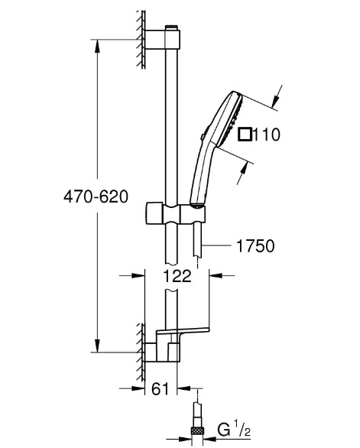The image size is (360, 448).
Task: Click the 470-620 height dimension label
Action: coord(96,196)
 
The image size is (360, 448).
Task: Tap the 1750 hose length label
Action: coord(255,245)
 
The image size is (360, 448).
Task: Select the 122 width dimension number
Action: coord(177,276)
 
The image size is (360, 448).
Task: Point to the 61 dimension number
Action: coord(161,388)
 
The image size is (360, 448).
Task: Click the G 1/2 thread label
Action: coord(234,429)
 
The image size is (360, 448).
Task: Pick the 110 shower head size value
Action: coord(267,135)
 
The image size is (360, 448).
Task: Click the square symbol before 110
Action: coord(245,135)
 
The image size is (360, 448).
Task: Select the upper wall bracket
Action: coord(162,39)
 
